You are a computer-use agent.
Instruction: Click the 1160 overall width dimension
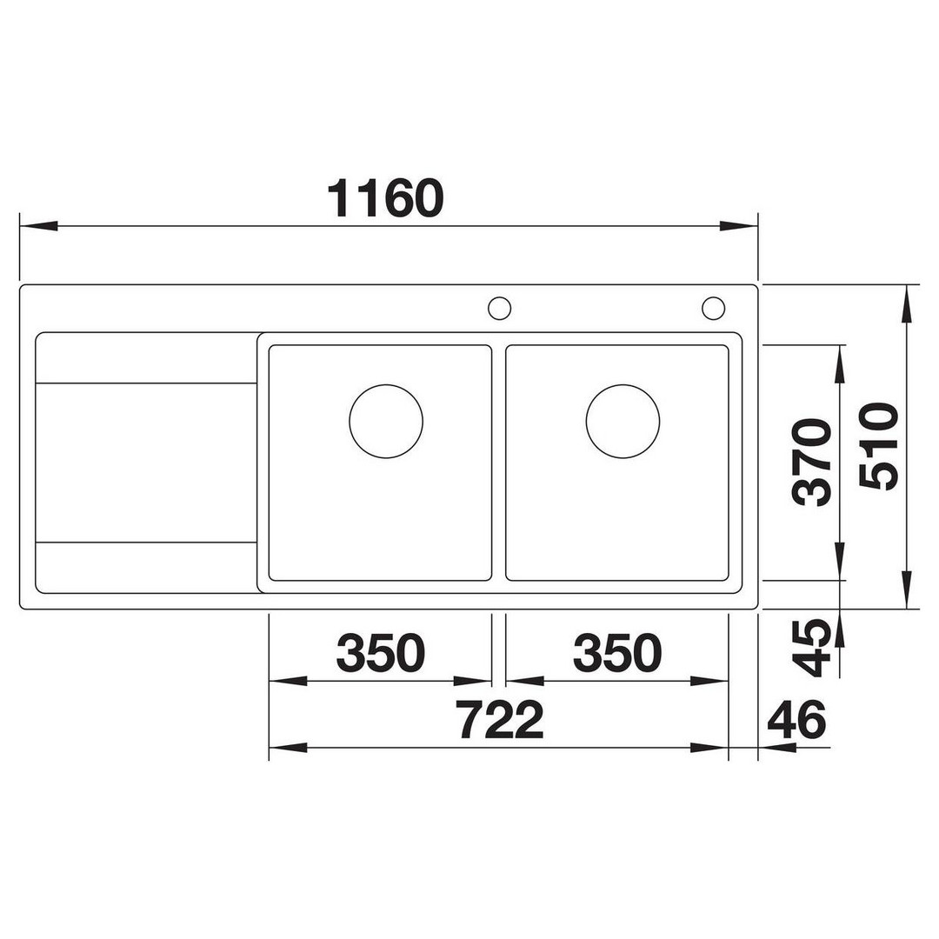tap(386, 198)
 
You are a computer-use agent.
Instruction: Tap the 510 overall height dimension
tap(878, 447)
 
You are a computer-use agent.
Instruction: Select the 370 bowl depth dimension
tap(811, 463)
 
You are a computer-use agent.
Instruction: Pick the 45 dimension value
tap(811, 649)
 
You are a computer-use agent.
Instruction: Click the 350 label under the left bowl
tap(381, 652)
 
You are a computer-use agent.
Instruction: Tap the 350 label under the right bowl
tap(617, 652)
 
